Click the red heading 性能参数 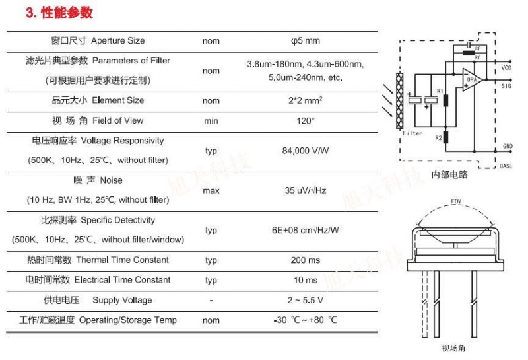pyautogui.click(x=67, y=13)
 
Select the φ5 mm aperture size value pyautogui.click(x=306, y=41)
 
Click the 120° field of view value pyautogui.click(x=306, y=121)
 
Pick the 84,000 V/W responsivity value pyautogui.click(x=306, y=151)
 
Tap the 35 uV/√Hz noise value pyautogui.click(x=306, y=190)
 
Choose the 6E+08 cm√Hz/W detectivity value pyautogui.click(x=306, y=231)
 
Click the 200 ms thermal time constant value pyautogui.click(x=306, y=260)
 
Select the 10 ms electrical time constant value pyautogui.click(x=306, y=280)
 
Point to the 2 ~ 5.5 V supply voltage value pyautogui.click(x=306, y=300)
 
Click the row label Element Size pyautogui.click(x=118, y=100)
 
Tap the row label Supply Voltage pyautogui.click(x=122, y=300)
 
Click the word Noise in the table pyautogui.click(x=111, y=180)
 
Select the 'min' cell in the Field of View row pyautogui.click(x=211, y=121)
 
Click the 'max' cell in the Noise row pyautogui.click(x=211, y=190)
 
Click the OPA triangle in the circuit pyautogui.click(x=471, y=79)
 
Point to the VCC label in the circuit pyautogui.click(x=506, y=68)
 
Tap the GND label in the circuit pyautogui.click(x=508, y=146)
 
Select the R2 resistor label pyautogui.click(x=438, y=138)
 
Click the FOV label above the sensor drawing pyautogui.click(x=456, y=201)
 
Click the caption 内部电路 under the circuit pyautogui.click(x=449, y=174)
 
